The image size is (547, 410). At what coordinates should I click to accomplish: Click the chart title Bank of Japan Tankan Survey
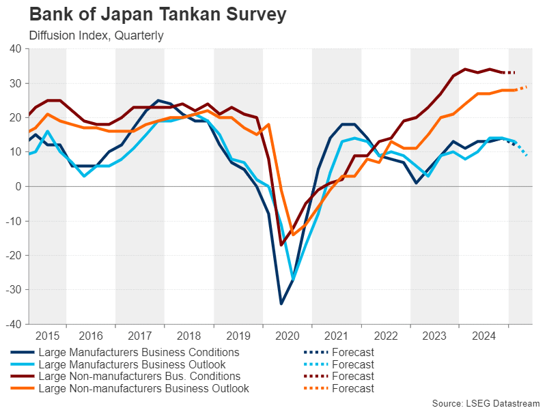[148, 14]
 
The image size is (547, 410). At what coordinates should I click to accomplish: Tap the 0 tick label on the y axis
[18, 186]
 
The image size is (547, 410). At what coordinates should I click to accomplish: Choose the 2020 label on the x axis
[287, 336]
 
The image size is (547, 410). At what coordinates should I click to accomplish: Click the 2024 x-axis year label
[484, 336]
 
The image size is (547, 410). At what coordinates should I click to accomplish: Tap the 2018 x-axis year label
[189, 336]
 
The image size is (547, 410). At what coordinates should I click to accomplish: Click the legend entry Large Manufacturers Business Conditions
[139, 353]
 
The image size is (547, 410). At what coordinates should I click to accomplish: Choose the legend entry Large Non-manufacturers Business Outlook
[143, 388]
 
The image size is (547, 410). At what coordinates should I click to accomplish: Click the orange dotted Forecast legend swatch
[315, 388]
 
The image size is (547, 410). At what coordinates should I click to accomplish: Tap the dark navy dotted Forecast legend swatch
[315, 353]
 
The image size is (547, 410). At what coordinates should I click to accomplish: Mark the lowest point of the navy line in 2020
[281, 304]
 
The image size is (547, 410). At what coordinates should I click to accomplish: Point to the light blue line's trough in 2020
[293, 279]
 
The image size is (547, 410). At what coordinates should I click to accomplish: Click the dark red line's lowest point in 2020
[281, 244]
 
